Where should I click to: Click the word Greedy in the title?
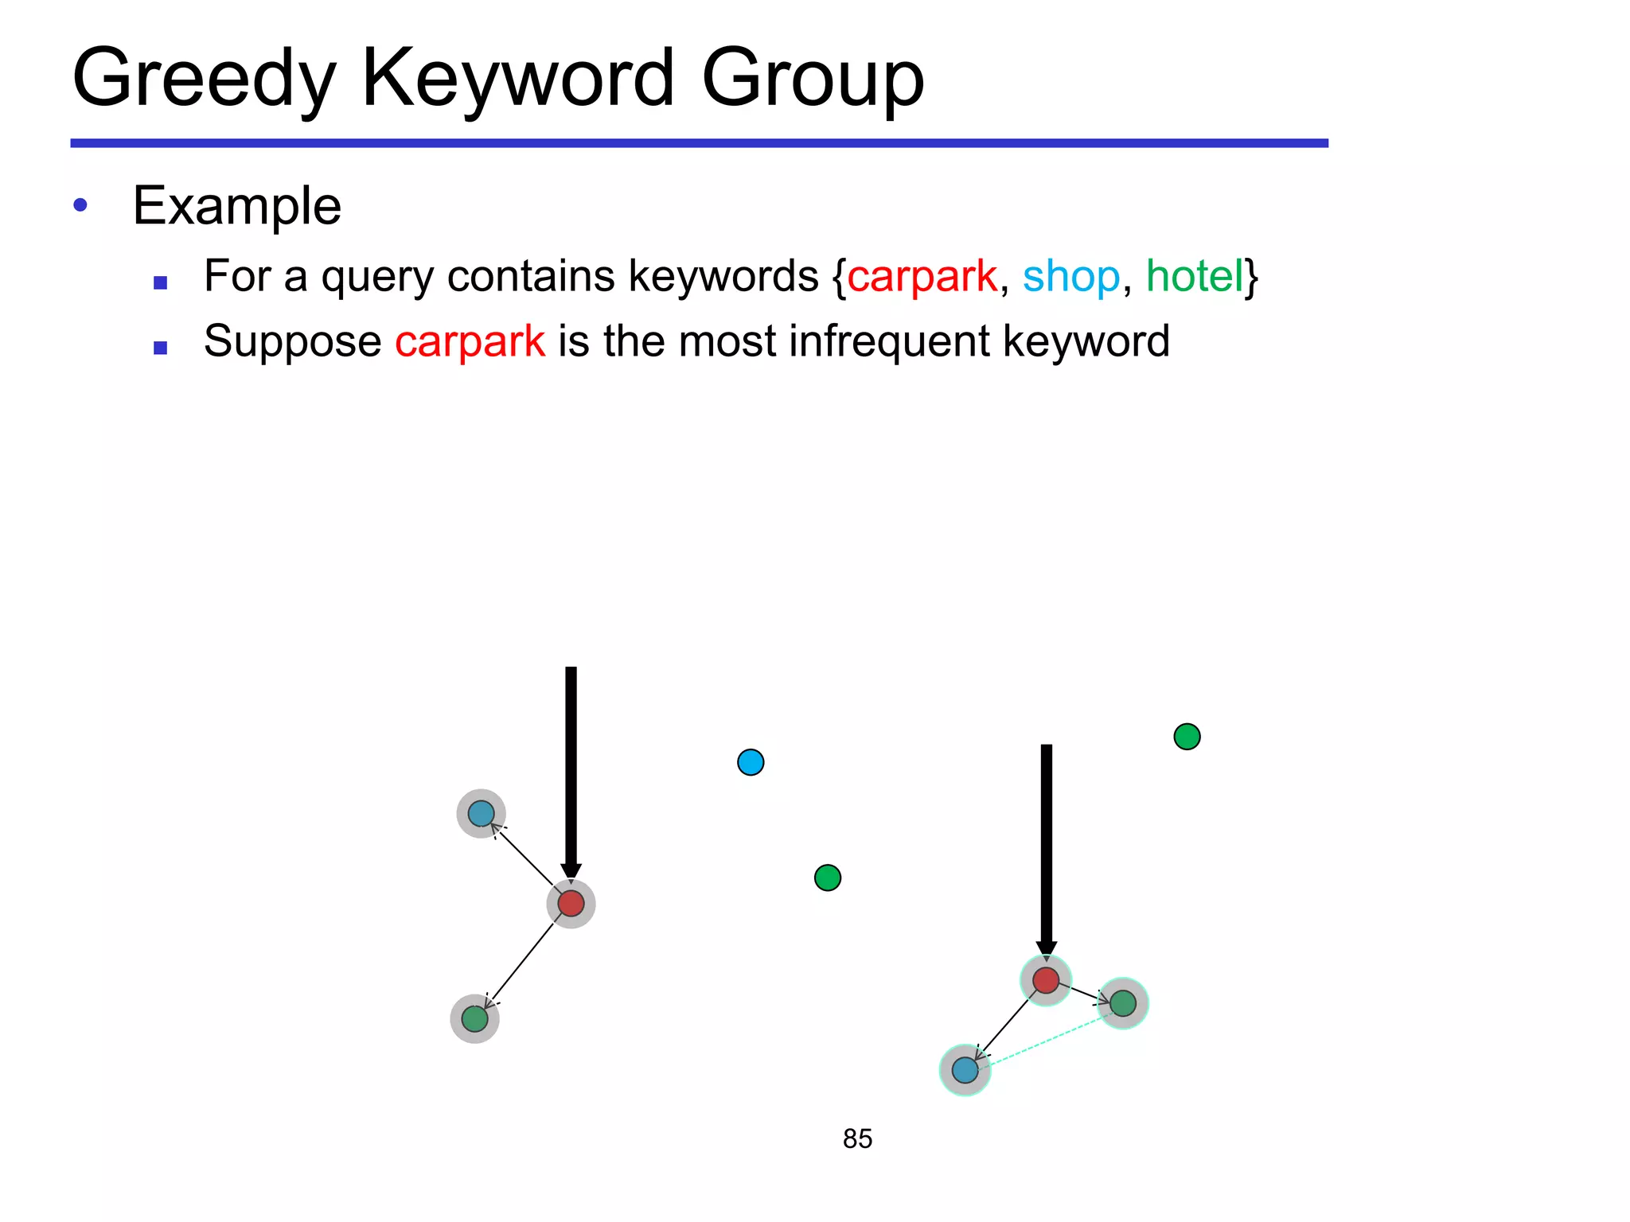pos(204,79)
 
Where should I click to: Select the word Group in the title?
pos(813,79)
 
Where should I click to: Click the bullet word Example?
pos(236,206)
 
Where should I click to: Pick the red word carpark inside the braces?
pos(922,277)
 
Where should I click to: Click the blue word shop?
pos(1070,277)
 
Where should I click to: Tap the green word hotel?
pos(1194,276)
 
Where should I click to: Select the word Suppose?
pos(292,341)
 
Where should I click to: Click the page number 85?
pos(857,1138)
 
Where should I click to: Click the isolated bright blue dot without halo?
pos(751,762)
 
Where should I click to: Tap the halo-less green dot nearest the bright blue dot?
pos(828,878)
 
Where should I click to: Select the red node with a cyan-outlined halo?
pos(1046,980)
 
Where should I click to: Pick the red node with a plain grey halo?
pos(571,904)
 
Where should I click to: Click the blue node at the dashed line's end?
pos(965,1070)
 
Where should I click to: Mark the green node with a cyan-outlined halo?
pos(1122,1003)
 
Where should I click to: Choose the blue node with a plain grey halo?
pos(481,813)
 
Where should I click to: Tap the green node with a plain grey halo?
pos(474,1018)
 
